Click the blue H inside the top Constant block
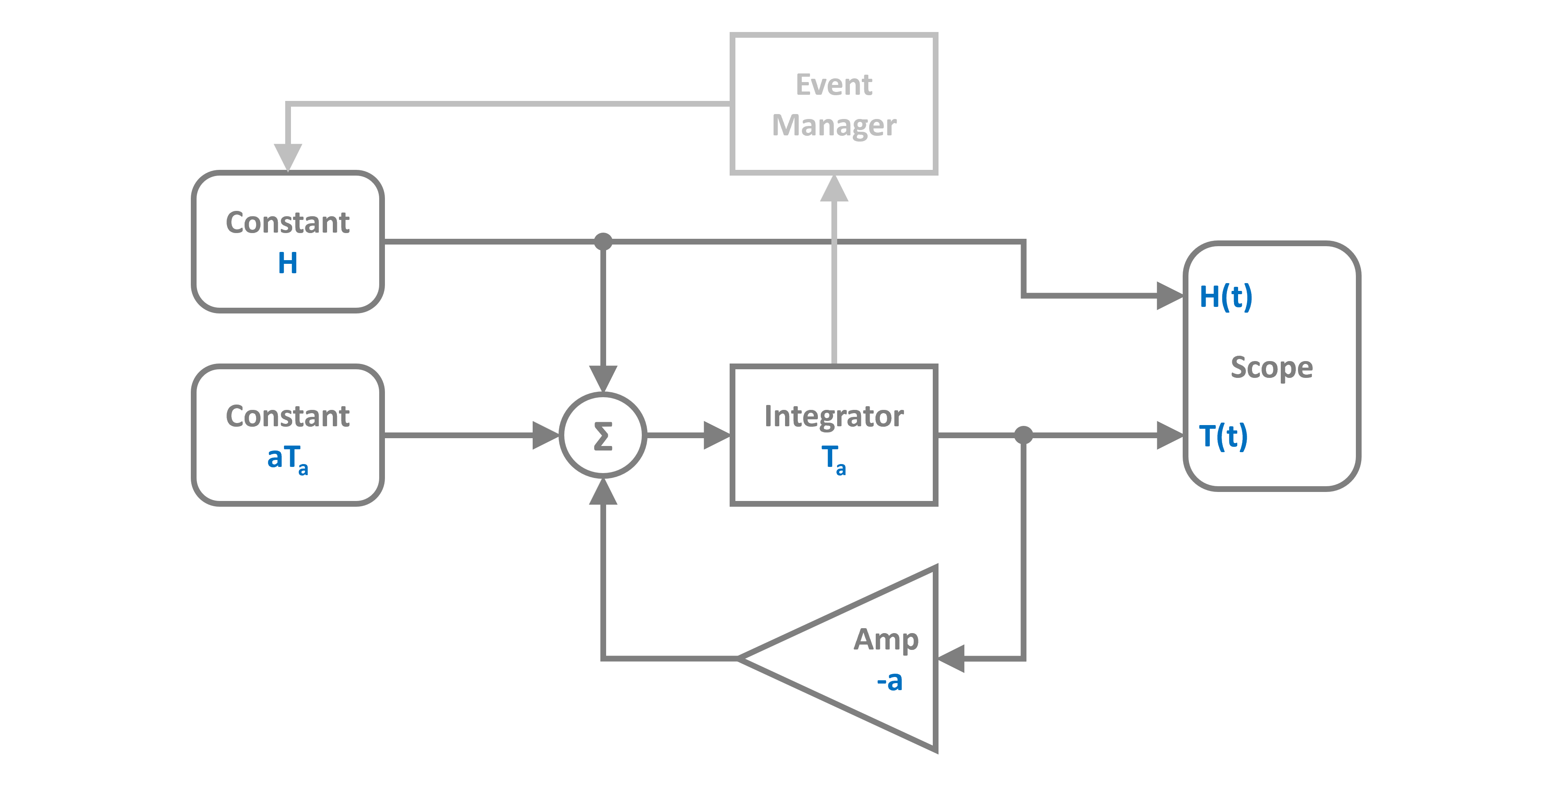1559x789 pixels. (288, 263)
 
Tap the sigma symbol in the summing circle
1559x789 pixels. (603, 436)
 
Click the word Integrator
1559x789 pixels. (833, 416)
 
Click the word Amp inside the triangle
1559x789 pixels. (886, 640)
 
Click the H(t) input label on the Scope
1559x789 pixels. (1225, 297)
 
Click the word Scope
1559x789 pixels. (1271, 367)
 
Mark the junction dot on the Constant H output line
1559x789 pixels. (603, 241)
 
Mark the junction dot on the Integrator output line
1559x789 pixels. (1023, 435)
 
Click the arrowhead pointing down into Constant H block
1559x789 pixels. (288, 157)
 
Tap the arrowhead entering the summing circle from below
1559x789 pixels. (603, 491)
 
